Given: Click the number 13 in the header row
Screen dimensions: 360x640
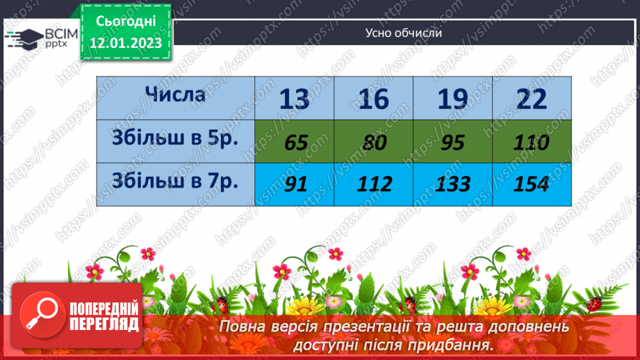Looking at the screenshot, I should click(x=295, y=99).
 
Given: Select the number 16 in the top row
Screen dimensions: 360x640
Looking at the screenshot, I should click(x=374, y=99).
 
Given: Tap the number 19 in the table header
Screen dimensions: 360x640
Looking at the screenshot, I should click(x=453, y=99).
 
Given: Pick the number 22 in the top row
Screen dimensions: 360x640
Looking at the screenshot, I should click(x=532, y=99).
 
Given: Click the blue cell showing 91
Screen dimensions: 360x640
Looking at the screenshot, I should click(x=295, y=184).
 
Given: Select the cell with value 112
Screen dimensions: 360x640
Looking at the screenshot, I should click(x=374, y=184).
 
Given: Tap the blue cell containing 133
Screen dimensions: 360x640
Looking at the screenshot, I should click(x=453, y=184).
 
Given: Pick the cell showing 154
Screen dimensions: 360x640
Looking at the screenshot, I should click(x=532, y=184).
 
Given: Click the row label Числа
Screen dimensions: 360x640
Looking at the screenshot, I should click(x=175, y=94).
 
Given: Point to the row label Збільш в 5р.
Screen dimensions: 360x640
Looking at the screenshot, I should click(x=175, y=138).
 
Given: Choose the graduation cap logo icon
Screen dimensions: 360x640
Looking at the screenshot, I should click(x=23, y=38).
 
